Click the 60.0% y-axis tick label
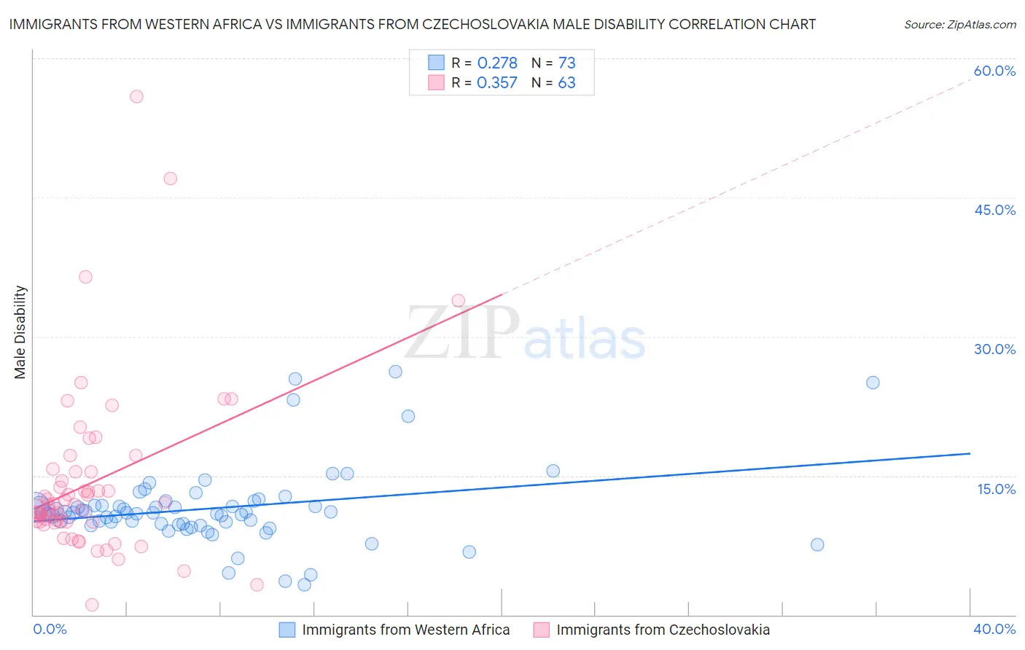click(994, 71)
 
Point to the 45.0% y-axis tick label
click(994, 210)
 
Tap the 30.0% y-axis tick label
click(994, 349)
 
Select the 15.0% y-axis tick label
click(996, 489)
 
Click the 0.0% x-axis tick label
click(50, 629)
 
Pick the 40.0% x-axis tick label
click(994, 629)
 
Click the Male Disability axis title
click(20, 332)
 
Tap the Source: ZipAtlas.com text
click(959, 24)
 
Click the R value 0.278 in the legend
click(497, 63)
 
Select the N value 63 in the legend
click(566, 83)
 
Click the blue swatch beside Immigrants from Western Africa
click(287, 630)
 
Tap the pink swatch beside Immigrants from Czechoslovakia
click(541, 630)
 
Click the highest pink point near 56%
click(136, 96)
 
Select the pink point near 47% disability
click(170, 179)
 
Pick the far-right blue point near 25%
click(873, 383)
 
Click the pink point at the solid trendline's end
click(458, 300)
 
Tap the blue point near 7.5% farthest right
click(817, 544)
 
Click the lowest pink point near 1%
click(92, 605)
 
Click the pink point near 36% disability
click(85, 277)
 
